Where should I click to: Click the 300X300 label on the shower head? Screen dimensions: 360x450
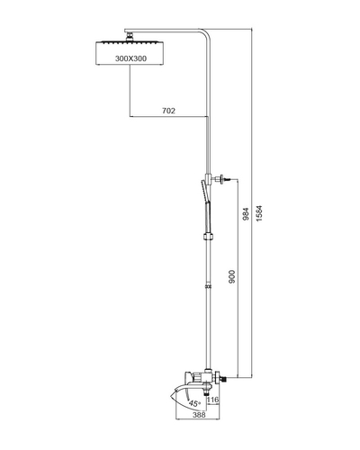[x=130, y=58]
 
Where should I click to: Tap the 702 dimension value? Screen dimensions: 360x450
[x=168, y=111]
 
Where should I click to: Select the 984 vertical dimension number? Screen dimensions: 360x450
[x=246, y=214]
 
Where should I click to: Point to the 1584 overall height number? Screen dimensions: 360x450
[x=259, y=213]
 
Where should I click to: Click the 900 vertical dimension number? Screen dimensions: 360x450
[x=232, y=276]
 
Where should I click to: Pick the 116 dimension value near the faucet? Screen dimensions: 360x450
[x=213, y=400]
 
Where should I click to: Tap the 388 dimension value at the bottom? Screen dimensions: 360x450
[x=199, y=415]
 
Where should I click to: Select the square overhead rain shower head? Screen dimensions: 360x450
[x=130, y=53]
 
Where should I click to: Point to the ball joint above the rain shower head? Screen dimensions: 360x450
[x=130, y=37]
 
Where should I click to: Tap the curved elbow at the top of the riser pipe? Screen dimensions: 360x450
[x=206, y=33]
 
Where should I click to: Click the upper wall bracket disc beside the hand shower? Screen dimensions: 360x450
[x=222, y=179]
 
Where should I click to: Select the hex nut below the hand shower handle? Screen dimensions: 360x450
[x=208, y=236]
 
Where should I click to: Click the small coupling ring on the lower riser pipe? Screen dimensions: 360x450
[x=208, y=286]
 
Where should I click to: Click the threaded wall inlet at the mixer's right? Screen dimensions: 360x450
[x=223, y=379]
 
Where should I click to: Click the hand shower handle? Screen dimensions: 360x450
[x=207, y=218]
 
